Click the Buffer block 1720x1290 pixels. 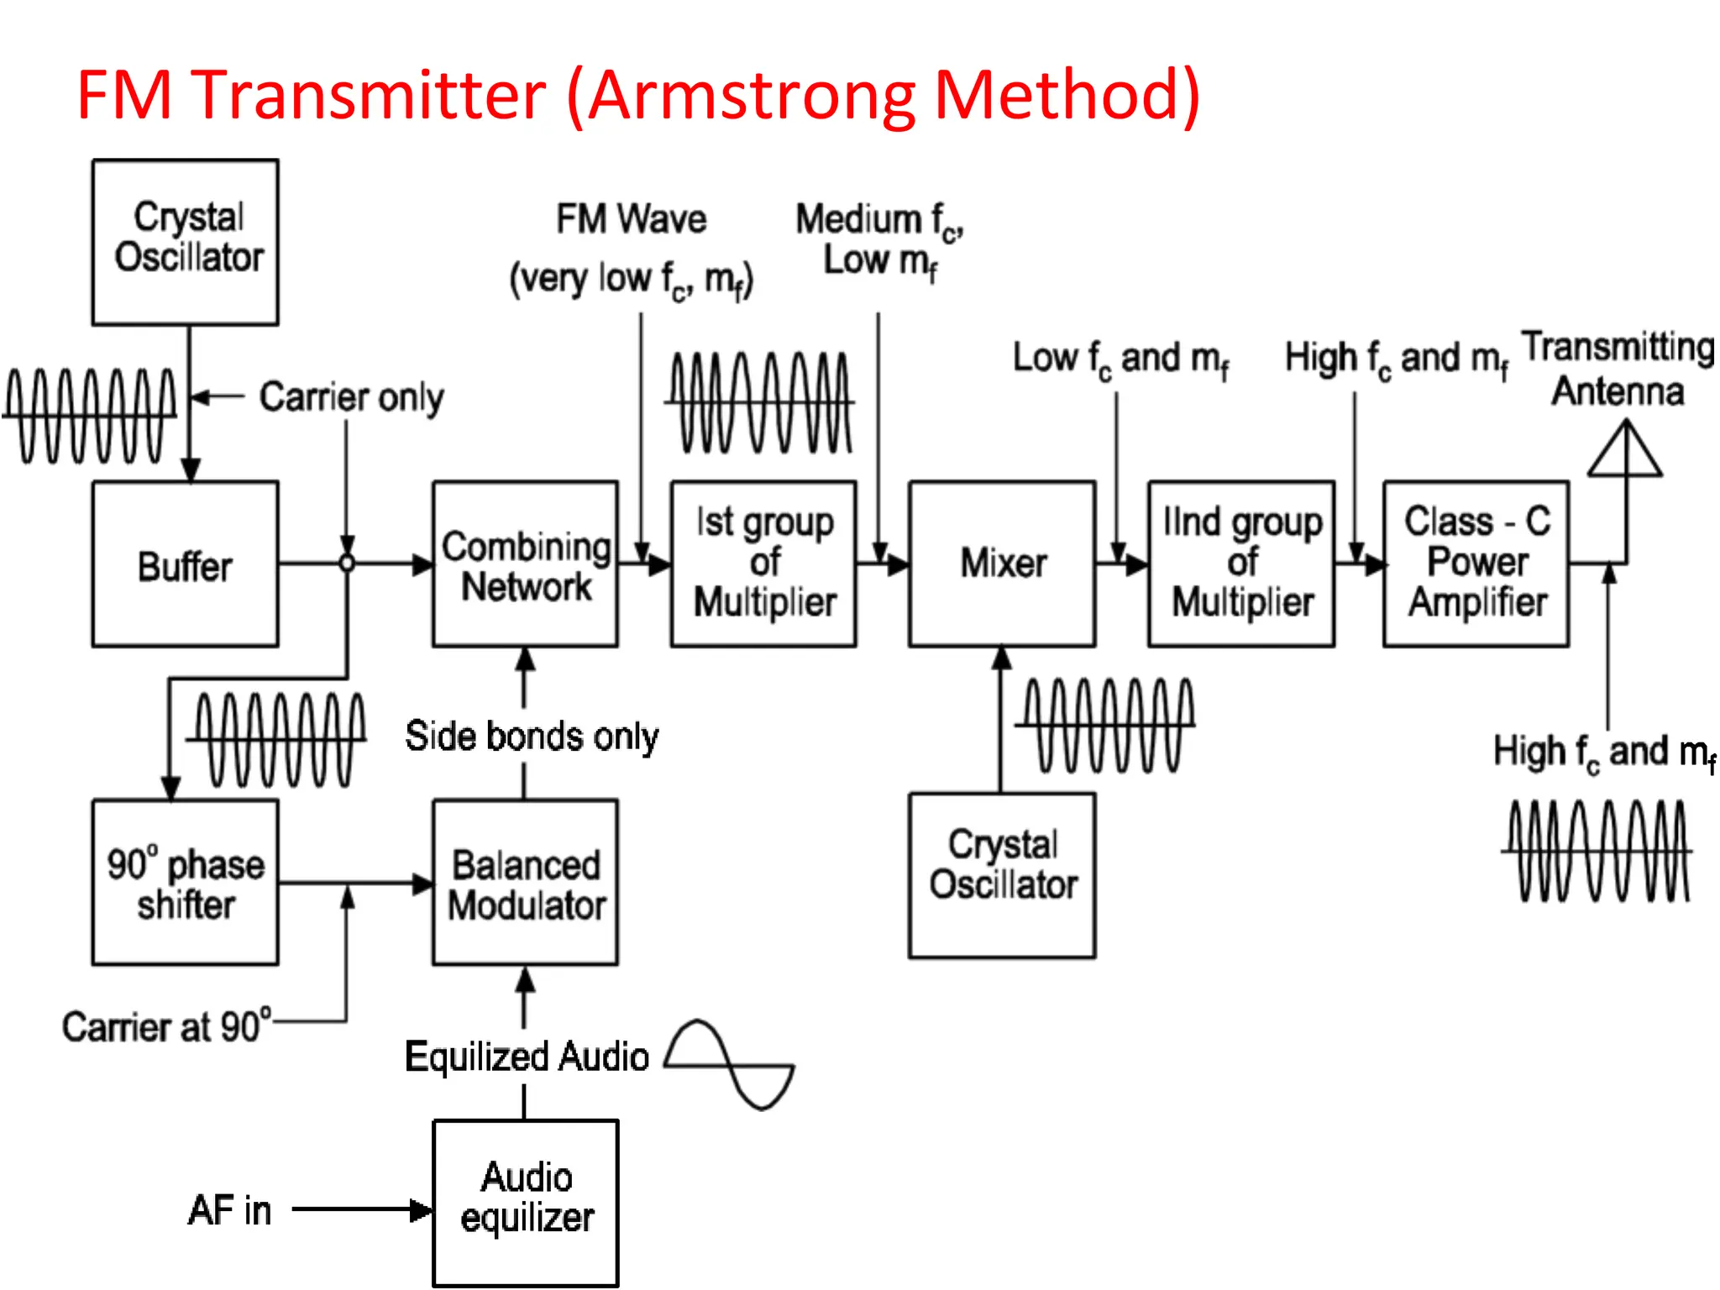(185, 564)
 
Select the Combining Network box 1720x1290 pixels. (526, 564)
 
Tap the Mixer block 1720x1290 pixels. (1002, 564)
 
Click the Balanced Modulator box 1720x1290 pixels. (526, 883)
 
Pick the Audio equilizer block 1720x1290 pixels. (526, 1202)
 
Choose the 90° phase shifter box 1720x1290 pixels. (185, 883)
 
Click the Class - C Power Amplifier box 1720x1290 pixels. (1476, 564)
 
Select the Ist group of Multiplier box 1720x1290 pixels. (763, 564)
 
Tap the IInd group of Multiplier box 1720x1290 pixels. (1241, 564)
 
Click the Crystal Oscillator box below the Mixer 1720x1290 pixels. (1002, 875)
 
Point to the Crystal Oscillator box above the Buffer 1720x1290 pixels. (185, 242)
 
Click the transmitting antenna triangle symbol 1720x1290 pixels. (1625, 452)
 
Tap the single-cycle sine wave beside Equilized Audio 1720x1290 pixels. (730, 1065)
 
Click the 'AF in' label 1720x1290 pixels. (229, 1210)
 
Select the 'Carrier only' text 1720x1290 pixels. (351, 397)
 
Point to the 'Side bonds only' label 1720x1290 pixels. (532, 737)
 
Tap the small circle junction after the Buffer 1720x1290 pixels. (347, 564)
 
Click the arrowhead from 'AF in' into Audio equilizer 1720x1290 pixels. (421, 1210)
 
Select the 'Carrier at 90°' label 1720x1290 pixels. (166, 1026)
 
